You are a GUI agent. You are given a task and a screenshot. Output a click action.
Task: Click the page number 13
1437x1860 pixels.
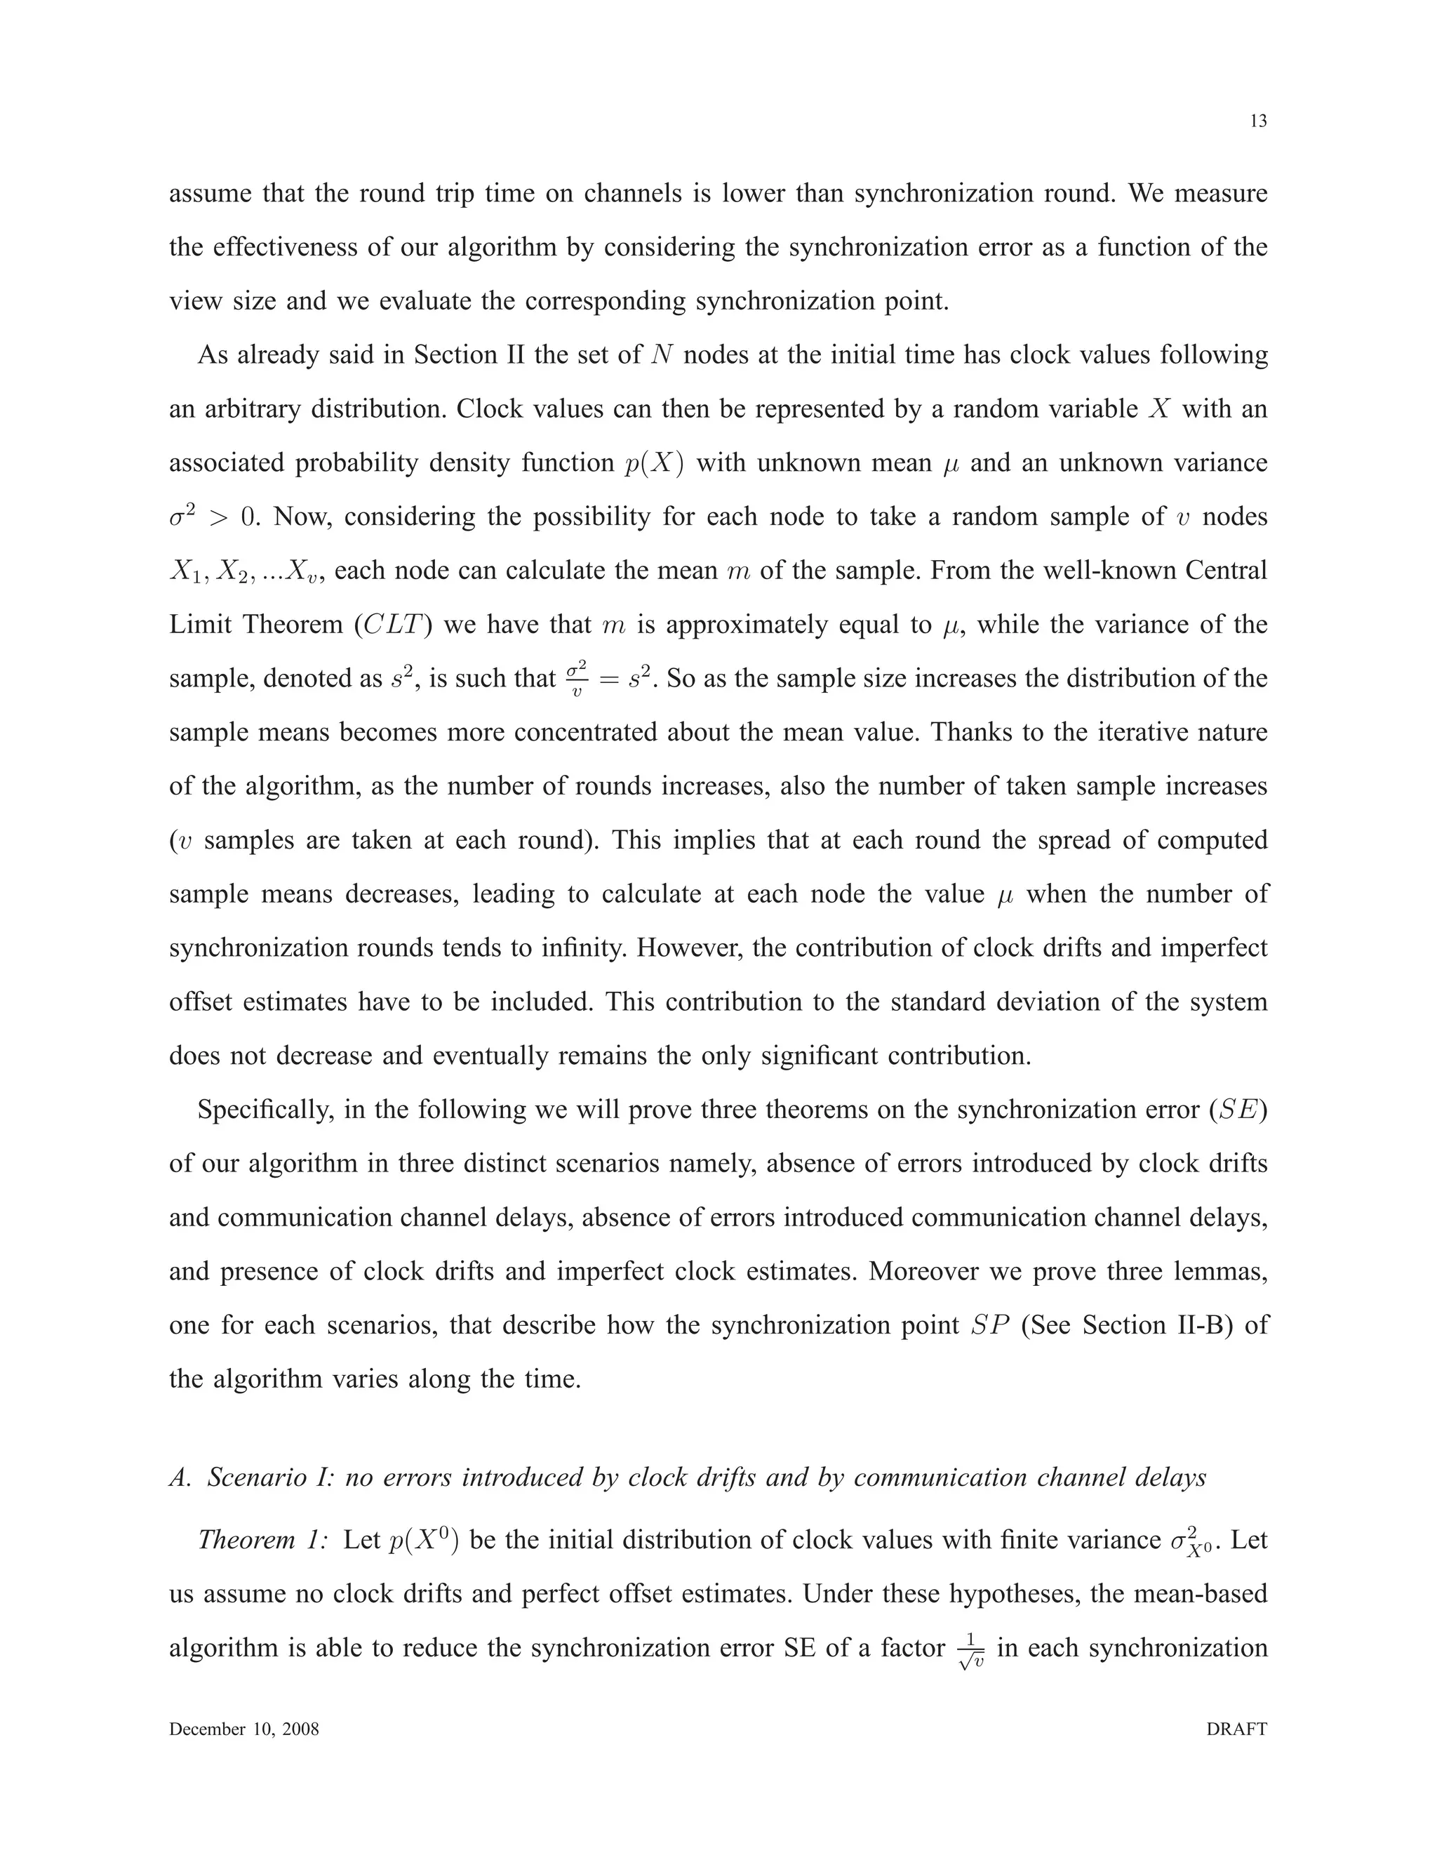click(x=1258, y=121)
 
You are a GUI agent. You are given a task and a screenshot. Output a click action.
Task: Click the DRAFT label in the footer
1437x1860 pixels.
click(x=1237, y=1729)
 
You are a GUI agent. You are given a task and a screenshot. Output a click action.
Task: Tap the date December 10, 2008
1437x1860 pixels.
click(x=244, y=1729)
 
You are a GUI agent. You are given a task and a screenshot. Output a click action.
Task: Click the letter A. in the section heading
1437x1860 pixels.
click(x=180, y=1477)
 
